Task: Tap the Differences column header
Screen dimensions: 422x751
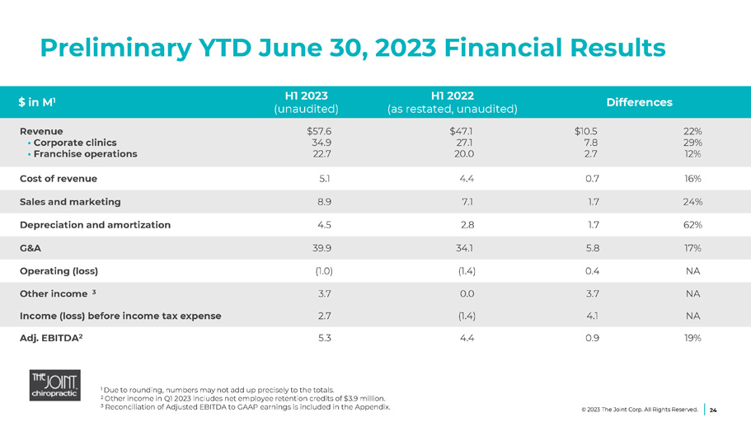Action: coord(640,102)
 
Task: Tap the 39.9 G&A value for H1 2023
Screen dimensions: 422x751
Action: coord(321,247)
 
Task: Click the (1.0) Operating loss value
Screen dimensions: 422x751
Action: coord(323,270)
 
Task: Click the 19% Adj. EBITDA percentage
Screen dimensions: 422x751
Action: coord(692,338)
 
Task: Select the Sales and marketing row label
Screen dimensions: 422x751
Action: coord(70,201)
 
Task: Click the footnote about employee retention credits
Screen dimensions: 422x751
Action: coord(242,398)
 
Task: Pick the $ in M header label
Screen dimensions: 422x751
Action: coord(37,102)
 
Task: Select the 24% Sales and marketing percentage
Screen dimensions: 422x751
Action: coord(692,201)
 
